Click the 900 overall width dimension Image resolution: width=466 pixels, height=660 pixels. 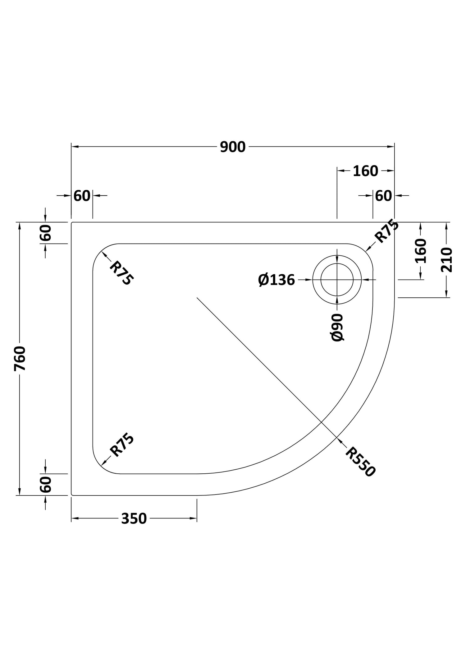(233, 147)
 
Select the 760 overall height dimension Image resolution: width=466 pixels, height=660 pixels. (20, 358)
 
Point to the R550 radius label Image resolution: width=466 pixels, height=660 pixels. (360, 462)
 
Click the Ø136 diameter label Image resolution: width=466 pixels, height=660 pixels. (276, 280)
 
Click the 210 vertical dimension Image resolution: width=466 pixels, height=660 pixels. (447, 260)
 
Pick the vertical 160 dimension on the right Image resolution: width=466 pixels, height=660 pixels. (421, 251)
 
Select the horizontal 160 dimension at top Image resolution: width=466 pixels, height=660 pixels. (365, 171)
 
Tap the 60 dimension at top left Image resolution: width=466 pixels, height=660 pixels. (82, 196)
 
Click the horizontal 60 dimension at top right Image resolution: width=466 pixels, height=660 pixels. (383, 196)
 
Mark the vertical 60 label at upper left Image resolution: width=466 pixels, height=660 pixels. (46, 233)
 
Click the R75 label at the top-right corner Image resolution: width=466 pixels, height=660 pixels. (387, 231)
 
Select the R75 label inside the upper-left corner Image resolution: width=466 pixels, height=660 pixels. (122, 273)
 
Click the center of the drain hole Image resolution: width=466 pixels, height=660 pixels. (337, 280)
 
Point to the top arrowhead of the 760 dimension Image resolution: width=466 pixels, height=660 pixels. (20, 226)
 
